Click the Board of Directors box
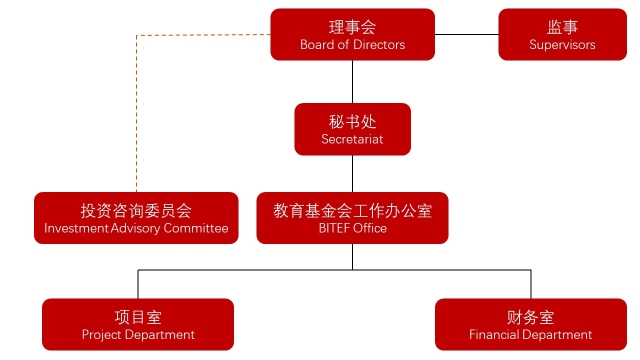(352, 35)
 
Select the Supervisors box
(563, 35)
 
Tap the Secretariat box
(352, 129)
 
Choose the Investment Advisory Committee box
(136, 218)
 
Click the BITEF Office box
(352, 218)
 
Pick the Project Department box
(138, 324)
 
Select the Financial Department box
(531, 324)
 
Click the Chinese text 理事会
(352, 27)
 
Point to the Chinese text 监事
(563, 27)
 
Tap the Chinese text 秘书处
(352, 121)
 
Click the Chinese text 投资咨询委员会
(136, 210)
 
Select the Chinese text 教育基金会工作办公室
(352, 210)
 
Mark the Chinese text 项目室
(138, 316)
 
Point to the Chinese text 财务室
(531, 316)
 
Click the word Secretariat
(352, 140)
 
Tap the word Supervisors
(563, 45)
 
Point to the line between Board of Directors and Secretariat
(352, 82)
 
